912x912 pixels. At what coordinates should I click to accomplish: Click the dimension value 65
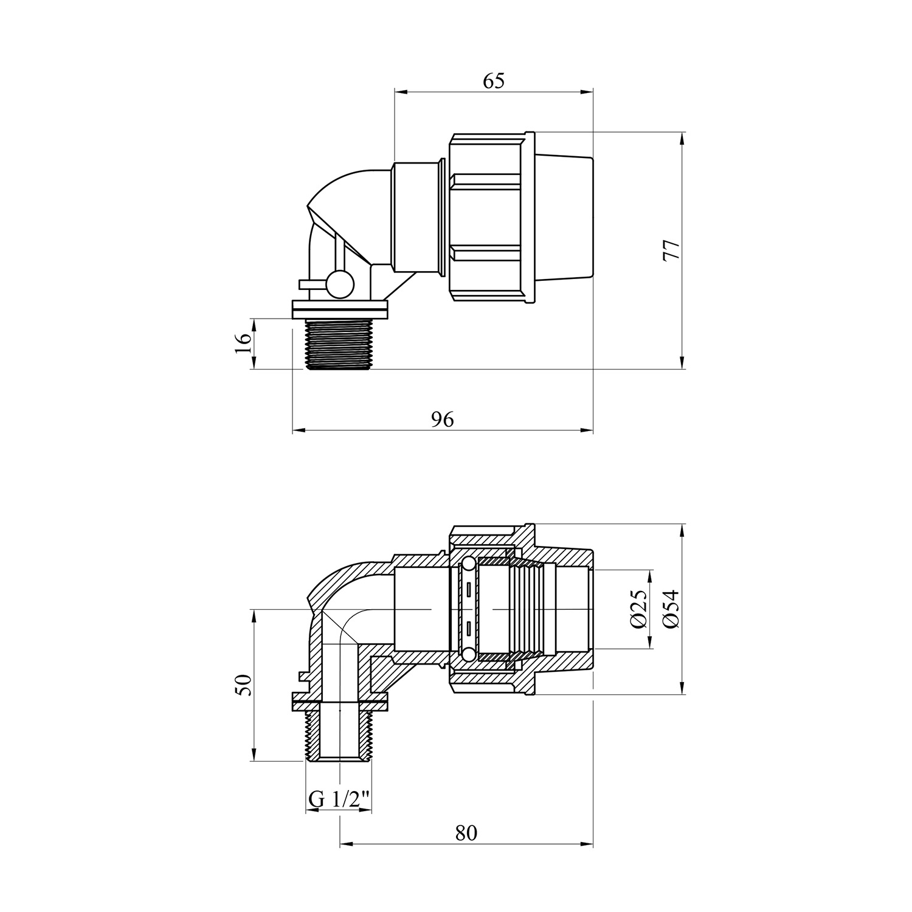tap(494, 81)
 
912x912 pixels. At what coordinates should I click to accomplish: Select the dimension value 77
tap(671, 250)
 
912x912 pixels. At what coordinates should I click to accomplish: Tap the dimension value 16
tap(243, 344)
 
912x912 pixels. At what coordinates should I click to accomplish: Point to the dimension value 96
tap(443, 420)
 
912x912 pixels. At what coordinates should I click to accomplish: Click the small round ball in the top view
tap(338, 283)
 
